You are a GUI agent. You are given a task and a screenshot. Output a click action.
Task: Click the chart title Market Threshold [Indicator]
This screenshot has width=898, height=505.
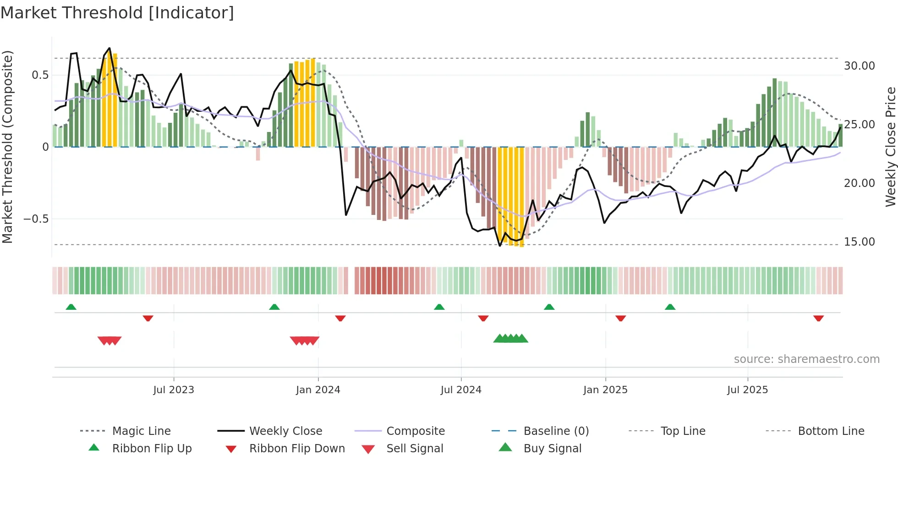click(x=117, y=13)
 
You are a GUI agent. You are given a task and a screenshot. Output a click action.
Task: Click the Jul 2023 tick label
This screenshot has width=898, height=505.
click(x=174, y=390)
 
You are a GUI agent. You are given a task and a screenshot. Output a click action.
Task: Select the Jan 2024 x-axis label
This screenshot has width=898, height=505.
click(x=318, y=390)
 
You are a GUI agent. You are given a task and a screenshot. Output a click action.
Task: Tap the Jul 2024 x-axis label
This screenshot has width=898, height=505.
click(x=461, y=390)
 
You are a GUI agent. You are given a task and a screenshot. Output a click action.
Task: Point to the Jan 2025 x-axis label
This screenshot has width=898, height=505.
click(x=605, y=390)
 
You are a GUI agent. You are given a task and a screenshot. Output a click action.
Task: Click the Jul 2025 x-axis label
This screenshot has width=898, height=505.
click(x=747, y=390)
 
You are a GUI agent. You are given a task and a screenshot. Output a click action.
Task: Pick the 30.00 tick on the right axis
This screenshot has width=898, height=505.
click(x=859, y=66)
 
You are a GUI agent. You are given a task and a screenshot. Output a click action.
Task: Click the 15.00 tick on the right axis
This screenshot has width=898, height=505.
click(x=859, y=242)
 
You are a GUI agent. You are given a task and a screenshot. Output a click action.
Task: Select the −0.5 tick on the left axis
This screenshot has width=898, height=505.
click(x=36, y=219)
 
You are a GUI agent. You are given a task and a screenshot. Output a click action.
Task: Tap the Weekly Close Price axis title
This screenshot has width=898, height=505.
click(x=890, y=147)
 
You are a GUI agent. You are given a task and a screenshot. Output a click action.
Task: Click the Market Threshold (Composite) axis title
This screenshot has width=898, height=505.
click(x=7, y=147)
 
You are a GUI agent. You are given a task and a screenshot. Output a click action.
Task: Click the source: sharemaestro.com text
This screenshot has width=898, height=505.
click(x=806, y=359)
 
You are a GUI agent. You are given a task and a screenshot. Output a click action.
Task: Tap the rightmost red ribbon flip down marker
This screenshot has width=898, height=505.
click(x=818, y=318)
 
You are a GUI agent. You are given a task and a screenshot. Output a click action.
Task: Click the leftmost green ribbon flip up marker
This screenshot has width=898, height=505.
click(x=71, y=307)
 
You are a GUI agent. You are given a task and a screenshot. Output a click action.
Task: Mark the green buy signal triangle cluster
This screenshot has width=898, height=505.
click(x=510, y=339)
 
